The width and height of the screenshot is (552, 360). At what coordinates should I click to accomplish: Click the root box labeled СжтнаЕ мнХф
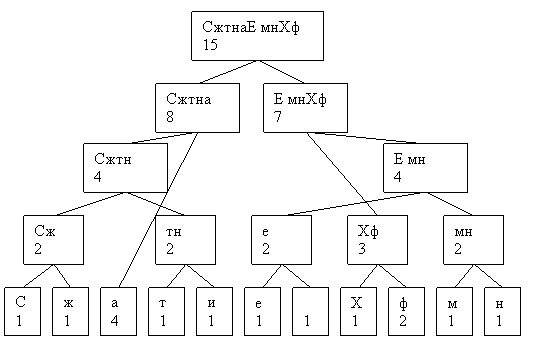click(x=257, y=36)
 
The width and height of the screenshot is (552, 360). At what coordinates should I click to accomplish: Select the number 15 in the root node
click(x=210, y=45)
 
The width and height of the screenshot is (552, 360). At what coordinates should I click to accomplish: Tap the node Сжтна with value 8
click(x=197, y=108)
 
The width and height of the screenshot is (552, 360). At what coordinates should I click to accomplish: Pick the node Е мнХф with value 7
click(x=306, y=108)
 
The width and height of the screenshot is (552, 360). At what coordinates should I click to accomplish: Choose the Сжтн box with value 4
click(x=125, y=168)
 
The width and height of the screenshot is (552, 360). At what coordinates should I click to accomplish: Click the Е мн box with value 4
click(x=425, y=168)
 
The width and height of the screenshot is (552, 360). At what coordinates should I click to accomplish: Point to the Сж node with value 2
click(x=54, y=240)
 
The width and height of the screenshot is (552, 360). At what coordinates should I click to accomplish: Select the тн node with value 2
click(x=186, y=240)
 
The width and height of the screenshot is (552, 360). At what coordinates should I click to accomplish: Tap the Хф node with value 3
click(x=377, y=240)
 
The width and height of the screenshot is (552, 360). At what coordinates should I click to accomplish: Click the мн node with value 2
click(x=473, y=240)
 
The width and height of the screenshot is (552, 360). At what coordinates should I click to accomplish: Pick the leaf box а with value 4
click(x=118, y=311)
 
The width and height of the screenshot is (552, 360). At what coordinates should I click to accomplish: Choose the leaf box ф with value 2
click(x=406, y=311)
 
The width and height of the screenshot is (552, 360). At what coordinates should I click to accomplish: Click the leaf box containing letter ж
click(x=70, y=311)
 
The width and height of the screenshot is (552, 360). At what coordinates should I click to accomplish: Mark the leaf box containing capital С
click(x=23, y=311)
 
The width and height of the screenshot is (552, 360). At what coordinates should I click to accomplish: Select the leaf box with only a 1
click(x=310, y=311)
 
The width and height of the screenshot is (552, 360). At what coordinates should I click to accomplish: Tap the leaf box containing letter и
click(x=214, y=311)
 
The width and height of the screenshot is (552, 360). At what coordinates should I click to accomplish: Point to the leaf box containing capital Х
click(x=358, y=311)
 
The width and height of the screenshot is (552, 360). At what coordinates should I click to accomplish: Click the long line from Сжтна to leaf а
click(x=158, y=210)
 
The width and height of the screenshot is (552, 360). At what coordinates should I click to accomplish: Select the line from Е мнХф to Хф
click(x=342, y=174)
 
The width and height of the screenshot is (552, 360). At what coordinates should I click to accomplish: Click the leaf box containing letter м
click(x=454, y=311)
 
